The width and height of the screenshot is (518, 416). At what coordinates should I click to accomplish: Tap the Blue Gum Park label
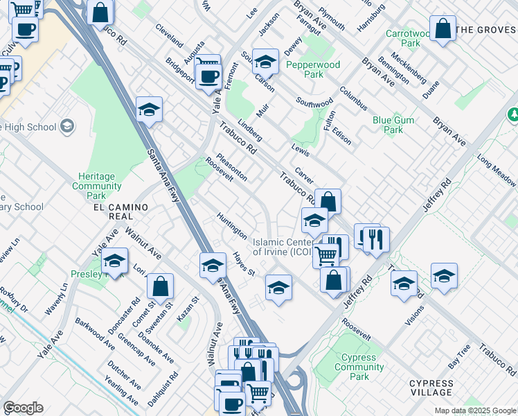(x=393, y=125)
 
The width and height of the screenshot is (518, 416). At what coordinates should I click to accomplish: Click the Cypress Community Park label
(x=359, y=367)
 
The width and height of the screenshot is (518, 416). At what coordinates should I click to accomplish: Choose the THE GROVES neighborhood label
(x=486, y=30)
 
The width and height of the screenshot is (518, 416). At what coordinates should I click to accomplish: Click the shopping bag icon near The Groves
(x=443, y=29)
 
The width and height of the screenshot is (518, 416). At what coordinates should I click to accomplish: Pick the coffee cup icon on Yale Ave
(x=208, y=76)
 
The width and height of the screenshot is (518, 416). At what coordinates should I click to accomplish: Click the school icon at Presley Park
(x=114, y=261)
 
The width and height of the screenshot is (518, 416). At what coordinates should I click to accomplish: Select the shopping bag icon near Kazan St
(x=160, y=286)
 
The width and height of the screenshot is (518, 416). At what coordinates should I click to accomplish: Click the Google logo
(x=24, y=408)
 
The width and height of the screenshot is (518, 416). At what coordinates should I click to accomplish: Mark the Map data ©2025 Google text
(x=474, y=410)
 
